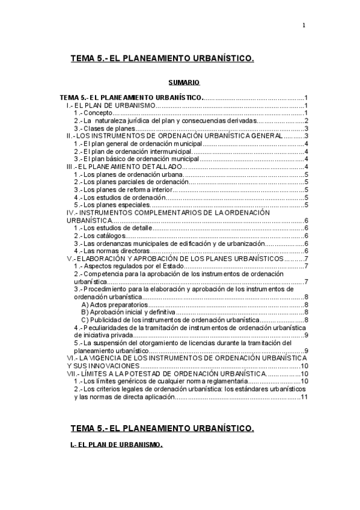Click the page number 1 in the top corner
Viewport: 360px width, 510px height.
point(304,25)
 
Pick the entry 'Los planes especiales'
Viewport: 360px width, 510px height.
point(112,204)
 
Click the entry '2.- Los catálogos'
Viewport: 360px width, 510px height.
point(100,236)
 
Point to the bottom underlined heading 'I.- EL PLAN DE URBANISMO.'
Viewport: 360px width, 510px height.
point(116,445)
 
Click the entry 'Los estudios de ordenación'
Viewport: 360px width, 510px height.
point(120,197)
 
